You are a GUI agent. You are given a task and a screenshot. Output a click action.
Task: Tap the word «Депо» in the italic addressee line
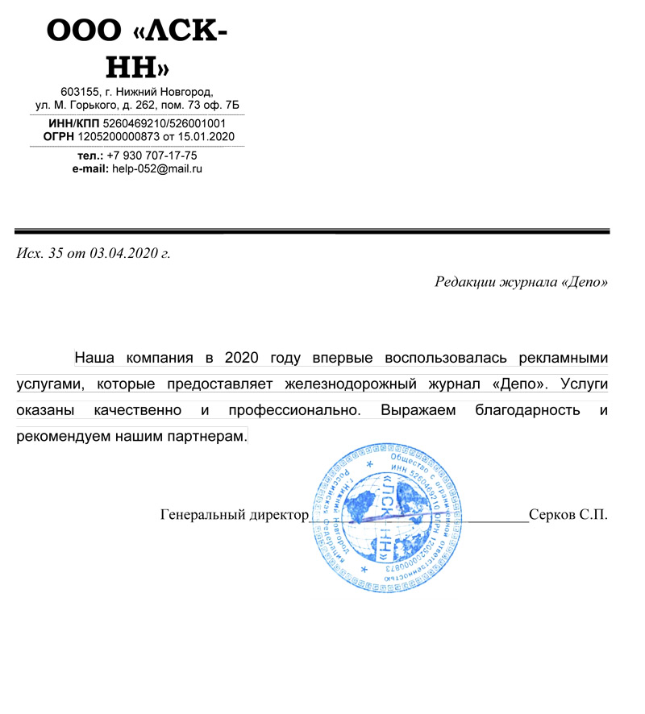click(x=583, y=282)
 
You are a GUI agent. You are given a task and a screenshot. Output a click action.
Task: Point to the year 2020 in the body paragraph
click(x=242, y=357)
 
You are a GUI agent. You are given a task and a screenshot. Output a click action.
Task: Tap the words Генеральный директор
click(x=235, y=514)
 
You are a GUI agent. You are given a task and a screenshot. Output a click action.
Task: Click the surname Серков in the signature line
click(x=552, y=514)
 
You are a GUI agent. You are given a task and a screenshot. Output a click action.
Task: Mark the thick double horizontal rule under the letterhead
click(x=311, y=231)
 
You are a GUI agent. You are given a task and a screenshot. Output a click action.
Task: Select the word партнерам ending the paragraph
click(x=206, y=436)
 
